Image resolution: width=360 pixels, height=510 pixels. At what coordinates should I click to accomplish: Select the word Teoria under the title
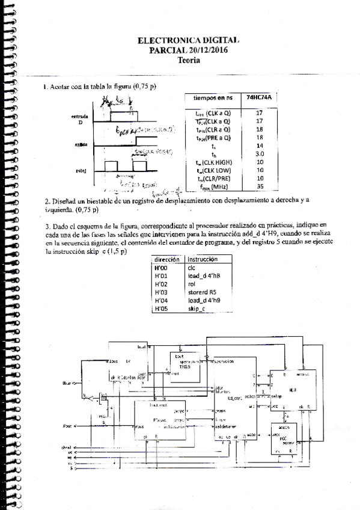click(189, 60)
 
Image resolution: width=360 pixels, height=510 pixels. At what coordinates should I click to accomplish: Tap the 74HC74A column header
click(259, 97)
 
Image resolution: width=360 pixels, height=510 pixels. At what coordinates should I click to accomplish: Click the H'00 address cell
click(160, 267)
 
